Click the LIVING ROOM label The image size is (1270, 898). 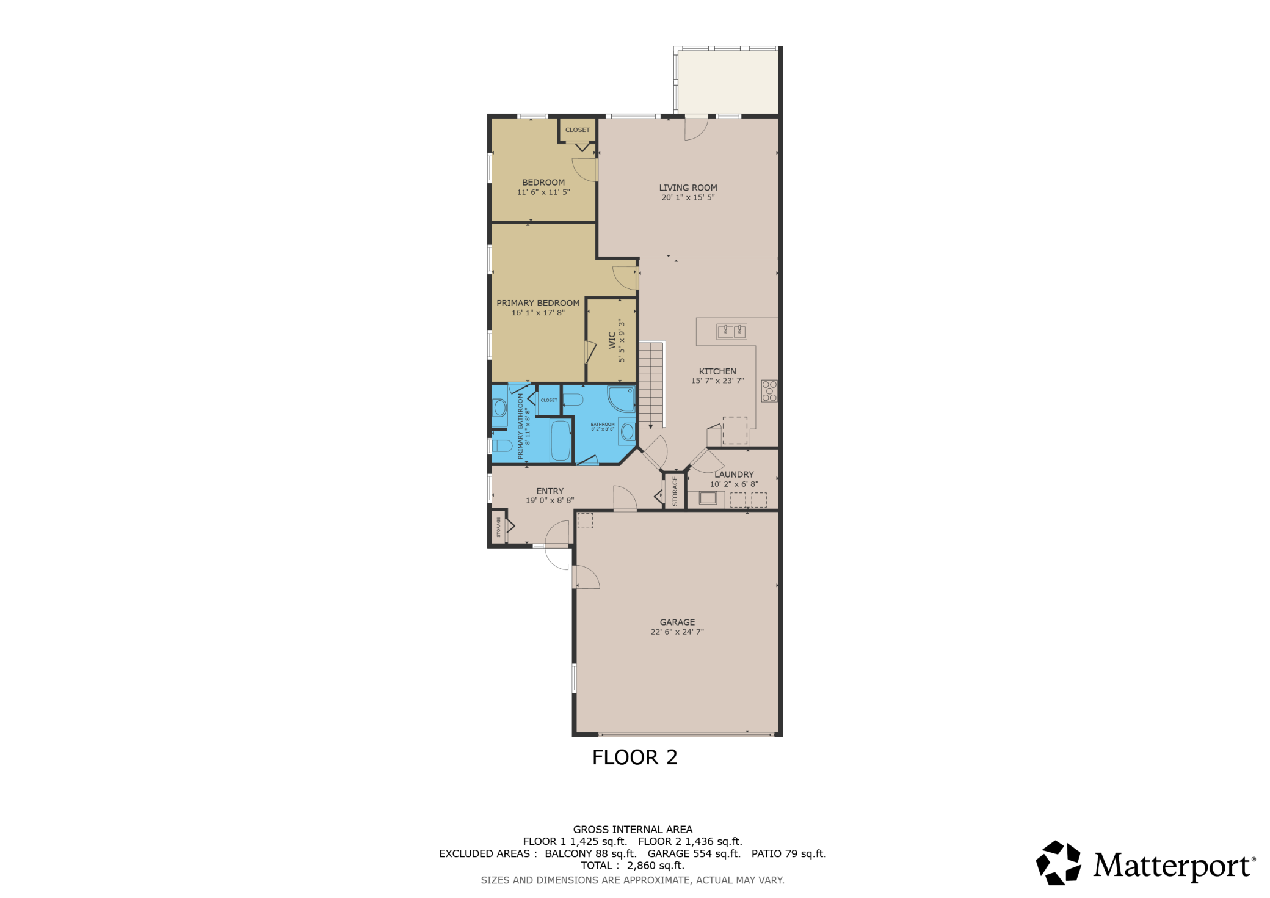(688, 188)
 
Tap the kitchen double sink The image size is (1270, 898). (731, 331)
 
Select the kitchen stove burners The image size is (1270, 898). (769, 391)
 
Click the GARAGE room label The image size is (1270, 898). (677, 622)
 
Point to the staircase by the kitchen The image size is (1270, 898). (651, 385)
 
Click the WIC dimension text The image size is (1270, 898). (622, 340)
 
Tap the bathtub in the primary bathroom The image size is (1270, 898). (561, 440)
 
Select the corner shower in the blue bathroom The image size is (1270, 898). (621, 398)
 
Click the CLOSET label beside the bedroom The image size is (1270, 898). (578, 130)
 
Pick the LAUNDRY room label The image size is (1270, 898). (734, 474)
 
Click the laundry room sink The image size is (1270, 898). (708, 498)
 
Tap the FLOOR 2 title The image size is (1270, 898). (635, 757)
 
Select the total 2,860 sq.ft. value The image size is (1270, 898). (656, 866)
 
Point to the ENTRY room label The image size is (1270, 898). (550, 491)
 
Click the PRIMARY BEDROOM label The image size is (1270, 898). (538, 302)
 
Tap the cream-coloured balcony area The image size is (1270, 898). (728, 82)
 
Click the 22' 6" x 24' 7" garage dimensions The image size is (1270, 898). (677, 632)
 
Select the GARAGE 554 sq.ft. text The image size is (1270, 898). (694, 853)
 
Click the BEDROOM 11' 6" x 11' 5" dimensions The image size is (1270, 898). (543, 192)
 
